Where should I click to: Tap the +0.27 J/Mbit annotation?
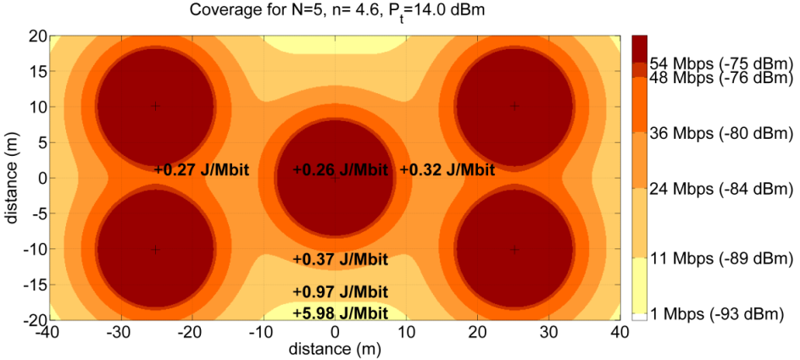tap(202, 170)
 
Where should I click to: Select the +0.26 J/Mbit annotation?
tap(340, 170)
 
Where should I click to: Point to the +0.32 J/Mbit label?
tap(447, 170)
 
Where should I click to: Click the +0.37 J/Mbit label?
tap(340, 259)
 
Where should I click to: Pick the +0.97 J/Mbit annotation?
tap(340, 291)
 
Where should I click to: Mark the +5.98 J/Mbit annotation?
tap(340, 313)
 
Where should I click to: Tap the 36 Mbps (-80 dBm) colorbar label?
tap(720, 133)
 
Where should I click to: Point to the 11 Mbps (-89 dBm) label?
tap(720, 257)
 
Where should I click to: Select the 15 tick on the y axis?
tap(36, 71)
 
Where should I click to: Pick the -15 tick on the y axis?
tap(34, 285)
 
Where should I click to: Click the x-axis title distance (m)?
tap(336, 349)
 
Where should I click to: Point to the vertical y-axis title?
tap(12, 178)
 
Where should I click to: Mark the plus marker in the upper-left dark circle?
tap(154, 106)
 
